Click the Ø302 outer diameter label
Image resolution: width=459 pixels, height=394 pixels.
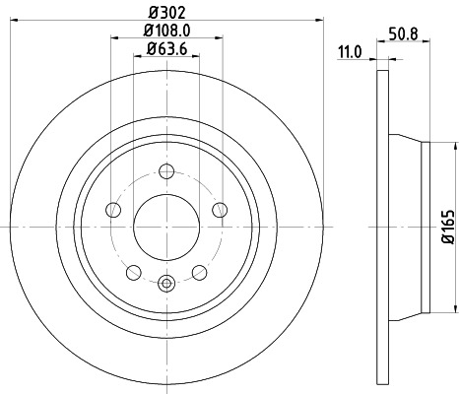pos(165,12)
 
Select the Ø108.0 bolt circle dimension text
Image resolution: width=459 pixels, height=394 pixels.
pos(165,31)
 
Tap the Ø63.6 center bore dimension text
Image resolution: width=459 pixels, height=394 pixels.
pos(165,49)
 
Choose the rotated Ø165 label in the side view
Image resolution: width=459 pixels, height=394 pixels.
pos(446,227)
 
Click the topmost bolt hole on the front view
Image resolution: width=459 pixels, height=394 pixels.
pos(165,173)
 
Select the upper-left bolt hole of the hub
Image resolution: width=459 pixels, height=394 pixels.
pos(113,210)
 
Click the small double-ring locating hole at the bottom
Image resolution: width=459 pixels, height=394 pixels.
pos(165,285)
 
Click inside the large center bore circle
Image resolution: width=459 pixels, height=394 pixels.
pos(165,227)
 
